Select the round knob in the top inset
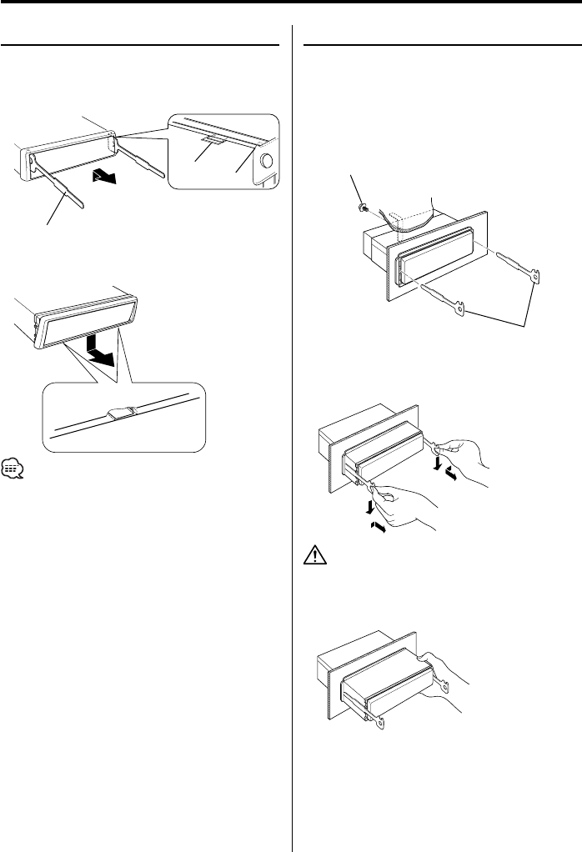(268, 162)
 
